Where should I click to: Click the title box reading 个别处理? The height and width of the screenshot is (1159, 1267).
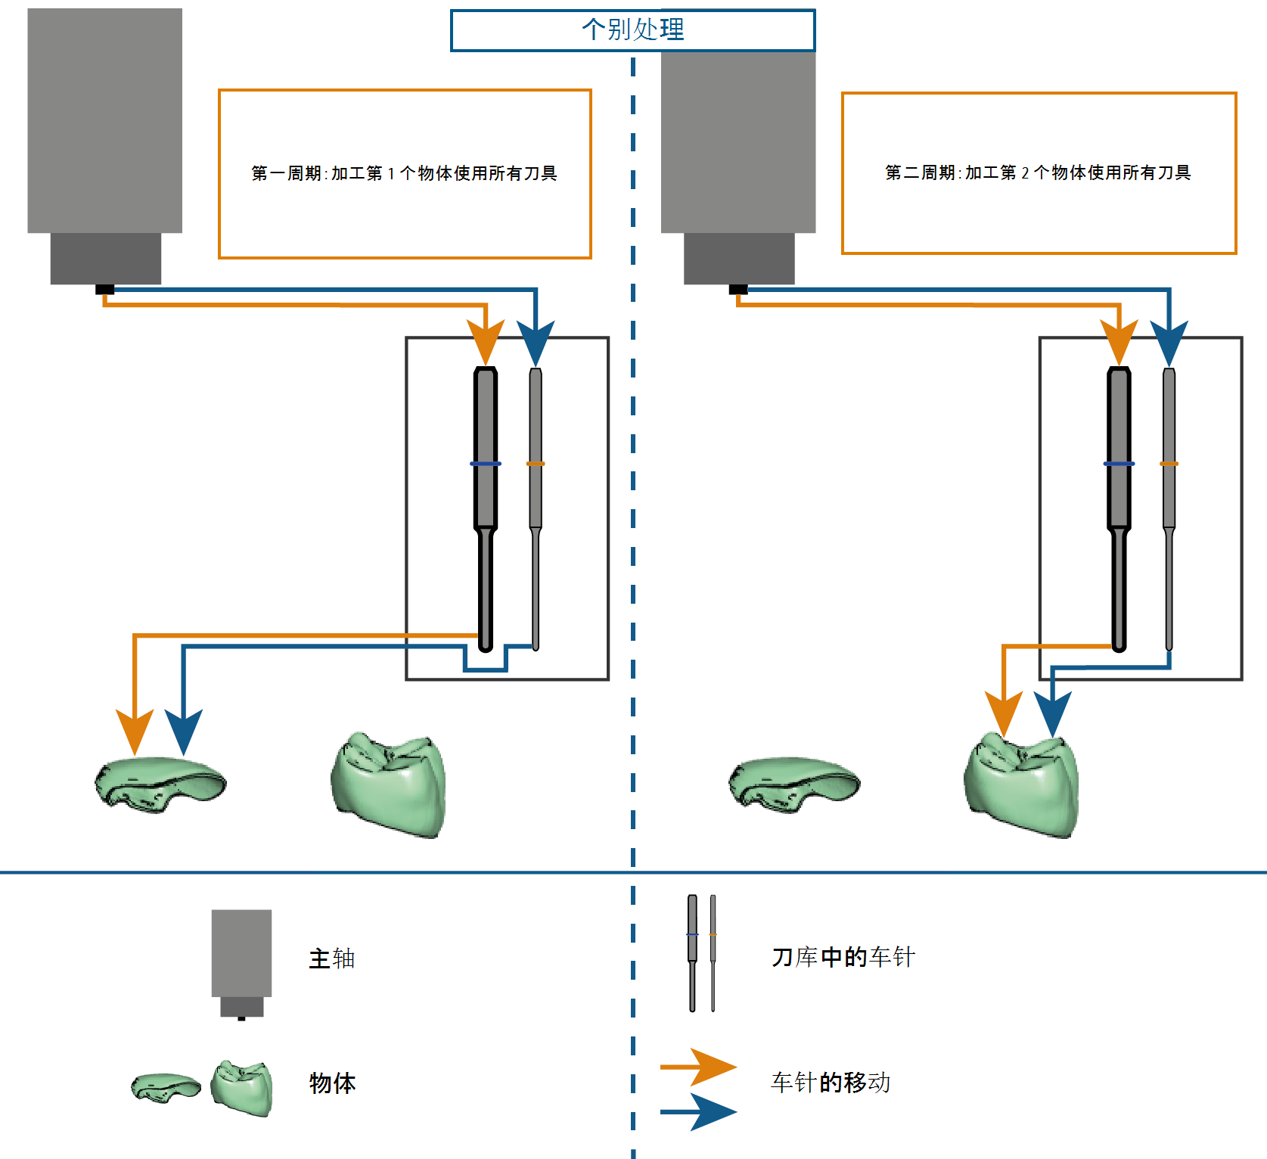point(632,30)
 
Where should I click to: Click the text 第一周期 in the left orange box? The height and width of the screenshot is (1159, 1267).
point(287,173)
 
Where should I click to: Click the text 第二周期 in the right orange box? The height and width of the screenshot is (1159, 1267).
point(921,172)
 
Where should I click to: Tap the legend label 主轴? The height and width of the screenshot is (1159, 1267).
point(332,959)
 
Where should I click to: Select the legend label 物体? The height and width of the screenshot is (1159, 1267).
point(332,1083)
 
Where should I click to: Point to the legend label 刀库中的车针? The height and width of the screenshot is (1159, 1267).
point(843,957)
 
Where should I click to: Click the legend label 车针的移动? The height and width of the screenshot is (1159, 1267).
point(831,1083)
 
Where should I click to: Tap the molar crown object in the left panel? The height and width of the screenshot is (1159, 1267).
point(388,785)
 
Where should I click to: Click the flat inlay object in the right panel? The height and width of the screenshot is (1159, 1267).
point(794,785)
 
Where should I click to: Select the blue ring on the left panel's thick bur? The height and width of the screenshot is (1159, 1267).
point(486,464)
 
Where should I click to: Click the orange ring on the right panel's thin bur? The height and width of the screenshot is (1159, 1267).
point(1169,464)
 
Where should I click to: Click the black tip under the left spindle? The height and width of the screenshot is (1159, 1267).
point(105,290)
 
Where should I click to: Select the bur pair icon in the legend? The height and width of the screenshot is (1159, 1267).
point(702,953)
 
